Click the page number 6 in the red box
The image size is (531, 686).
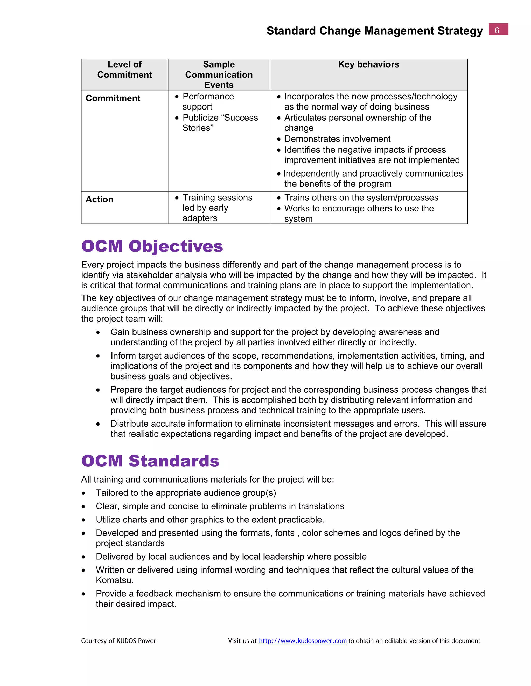coord(498,30)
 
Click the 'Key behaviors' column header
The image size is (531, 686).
coord(368,64)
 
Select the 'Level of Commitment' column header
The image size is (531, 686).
coord(124,69)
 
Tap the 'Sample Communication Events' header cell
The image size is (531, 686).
coord(219,75)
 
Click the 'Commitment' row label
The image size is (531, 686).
coord(113,98)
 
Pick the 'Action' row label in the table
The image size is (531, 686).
coord(99,199)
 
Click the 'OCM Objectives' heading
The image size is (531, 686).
coord(152,246)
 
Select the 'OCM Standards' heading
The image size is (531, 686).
coord(150,461)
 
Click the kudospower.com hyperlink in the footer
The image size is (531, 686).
coord(303,641)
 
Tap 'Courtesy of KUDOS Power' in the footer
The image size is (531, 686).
coord(118,641)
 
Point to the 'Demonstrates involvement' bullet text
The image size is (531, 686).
coord(337,139)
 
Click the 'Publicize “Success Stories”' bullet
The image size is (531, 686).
coord(220,122)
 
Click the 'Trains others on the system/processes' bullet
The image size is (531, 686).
coord(361,198)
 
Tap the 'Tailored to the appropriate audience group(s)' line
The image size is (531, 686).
coord(186,493)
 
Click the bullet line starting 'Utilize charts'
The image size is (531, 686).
coord(210,520)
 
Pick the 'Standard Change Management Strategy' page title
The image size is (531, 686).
coord(374,31)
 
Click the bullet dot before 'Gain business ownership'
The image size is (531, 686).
coord(98,332)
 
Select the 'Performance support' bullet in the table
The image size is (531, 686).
coord(208,101)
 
